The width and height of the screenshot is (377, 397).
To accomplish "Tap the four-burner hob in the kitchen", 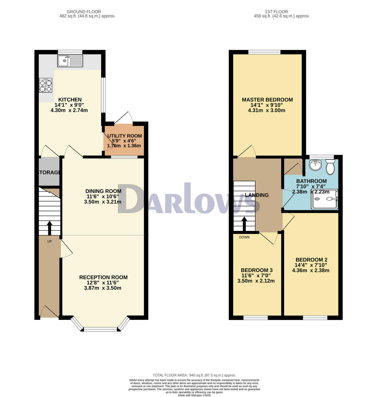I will pos(46,85).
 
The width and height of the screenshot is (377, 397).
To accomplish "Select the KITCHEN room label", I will pos(70,100).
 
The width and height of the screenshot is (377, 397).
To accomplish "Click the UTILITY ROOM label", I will pos(125,136).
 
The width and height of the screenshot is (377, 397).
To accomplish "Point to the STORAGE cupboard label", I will pos(49,173).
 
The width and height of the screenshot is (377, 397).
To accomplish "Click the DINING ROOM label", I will pos(103,191).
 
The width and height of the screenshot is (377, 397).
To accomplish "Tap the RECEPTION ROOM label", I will pos(103,278).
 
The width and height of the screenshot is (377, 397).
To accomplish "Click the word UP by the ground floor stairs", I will pos(50,242).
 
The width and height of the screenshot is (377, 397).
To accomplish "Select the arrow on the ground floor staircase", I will pos(50,227).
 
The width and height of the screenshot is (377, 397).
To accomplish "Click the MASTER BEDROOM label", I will pos(267,100).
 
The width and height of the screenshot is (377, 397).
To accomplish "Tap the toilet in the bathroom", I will pos(330,167).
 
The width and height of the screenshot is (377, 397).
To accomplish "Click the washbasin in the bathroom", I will pos(315,165).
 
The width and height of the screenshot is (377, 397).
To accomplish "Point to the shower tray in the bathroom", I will pos(325,199).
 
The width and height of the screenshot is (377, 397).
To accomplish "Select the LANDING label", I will pos(257,195).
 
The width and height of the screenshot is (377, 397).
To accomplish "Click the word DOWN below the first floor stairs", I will pos(244,237).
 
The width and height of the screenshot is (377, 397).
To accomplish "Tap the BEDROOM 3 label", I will pos(256,270).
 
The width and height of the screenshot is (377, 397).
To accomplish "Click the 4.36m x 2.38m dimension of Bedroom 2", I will pos(311,270).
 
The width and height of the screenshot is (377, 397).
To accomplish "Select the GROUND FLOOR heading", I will pos(84,12).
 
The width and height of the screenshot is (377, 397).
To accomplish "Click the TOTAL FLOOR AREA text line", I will pos(194,375).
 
